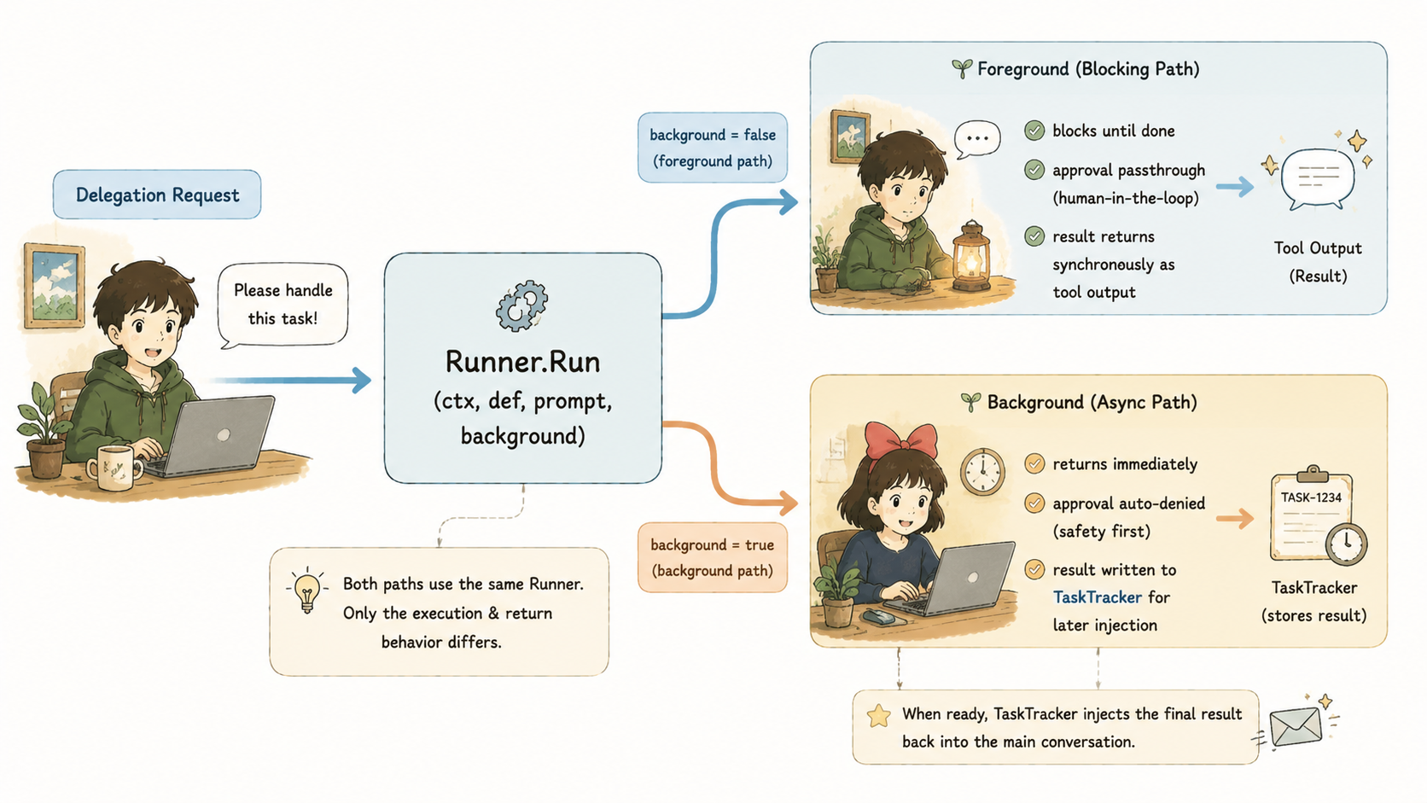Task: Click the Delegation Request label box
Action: [x=157, y=195]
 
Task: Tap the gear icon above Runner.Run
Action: [x=521, y=305]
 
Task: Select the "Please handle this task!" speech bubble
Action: [x=282, y=305]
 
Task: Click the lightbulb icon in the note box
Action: [x=307, y=589]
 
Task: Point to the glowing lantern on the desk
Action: [x=971, y=257]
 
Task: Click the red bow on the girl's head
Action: [x=900, y=439]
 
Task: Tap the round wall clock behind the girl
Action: [x=982, y=471]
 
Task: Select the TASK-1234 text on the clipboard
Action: [x=1311, y=498]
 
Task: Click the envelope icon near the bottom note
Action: [x=1296, y=726]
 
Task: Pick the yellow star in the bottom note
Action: [x=879, y=716]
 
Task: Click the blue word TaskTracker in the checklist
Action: [x=1097, y=596]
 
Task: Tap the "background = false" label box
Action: [x=713, y=147]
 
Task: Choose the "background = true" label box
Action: [x=713, y=557]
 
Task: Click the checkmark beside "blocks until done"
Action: [x=1034, y=131]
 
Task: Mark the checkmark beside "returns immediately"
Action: [x=1034, y=463]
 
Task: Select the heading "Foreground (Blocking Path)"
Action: [x=1088, y=69]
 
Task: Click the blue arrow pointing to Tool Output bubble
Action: [x=1235, y=187]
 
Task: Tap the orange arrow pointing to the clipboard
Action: [x=1235, y=518]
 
